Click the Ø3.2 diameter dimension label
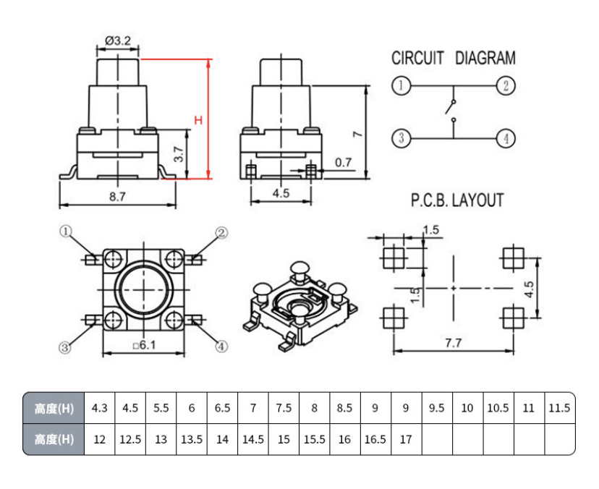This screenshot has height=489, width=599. [118, 41]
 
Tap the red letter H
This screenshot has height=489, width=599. [197, 120]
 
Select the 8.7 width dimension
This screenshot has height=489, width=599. [117, 196]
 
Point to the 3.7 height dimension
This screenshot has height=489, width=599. [179, 153]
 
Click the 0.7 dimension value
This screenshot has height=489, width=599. [344, 163]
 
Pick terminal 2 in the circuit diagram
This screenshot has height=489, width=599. [506, 86]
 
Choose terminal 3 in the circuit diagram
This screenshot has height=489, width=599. [401, 137]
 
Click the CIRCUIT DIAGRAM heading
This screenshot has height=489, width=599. [453, 58]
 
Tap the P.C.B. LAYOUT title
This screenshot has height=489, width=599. [456, 200]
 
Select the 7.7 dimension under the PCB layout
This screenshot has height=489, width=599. [453, 344]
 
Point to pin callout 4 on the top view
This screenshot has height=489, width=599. [221, 346]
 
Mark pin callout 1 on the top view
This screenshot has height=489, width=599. [66, 231]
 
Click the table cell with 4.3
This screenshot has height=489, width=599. [100, 408]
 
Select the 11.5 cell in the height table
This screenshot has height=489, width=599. [559, 408]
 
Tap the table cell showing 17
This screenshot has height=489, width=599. [405, 439]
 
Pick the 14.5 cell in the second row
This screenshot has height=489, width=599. [253, 439]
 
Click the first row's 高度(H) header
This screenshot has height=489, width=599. [54, 408]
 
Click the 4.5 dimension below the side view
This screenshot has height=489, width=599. [281, 193]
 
